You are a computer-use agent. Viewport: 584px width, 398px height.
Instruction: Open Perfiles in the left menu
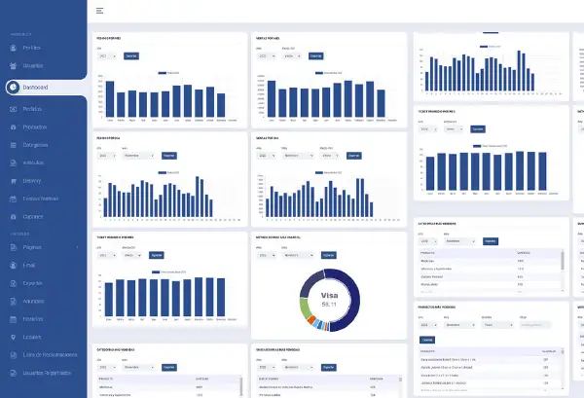point(32,48)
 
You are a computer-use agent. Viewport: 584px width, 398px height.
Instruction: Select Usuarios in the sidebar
point(33,67)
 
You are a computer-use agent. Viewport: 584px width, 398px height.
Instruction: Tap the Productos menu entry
point(34,127)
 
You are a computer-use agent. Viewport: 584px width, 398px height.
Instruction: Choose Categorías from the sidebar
point(35,144)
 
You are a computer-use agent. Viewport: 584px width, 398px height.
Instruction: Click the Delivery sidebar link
point(32,179)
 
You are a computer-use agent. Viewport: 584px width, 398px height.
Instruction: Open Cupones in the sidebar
point(33,215)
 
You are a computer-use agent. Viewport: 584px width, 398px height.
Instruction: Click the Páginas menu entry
point(32,249)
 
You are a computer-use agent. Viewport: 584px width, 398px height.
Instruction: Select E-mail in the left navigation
point(30,267)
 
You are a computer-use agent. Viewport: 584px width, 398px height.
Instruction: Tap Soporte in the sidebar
point(32,284)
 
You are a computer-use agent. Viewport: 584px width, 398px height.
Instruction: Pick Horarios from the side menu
point(33,319)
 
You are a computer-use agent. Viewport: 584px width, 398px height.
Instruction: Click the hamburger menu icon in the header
point(100,11)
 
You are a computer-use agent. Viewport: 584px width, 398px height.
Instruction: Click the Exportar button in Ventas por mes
point(315,56)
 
